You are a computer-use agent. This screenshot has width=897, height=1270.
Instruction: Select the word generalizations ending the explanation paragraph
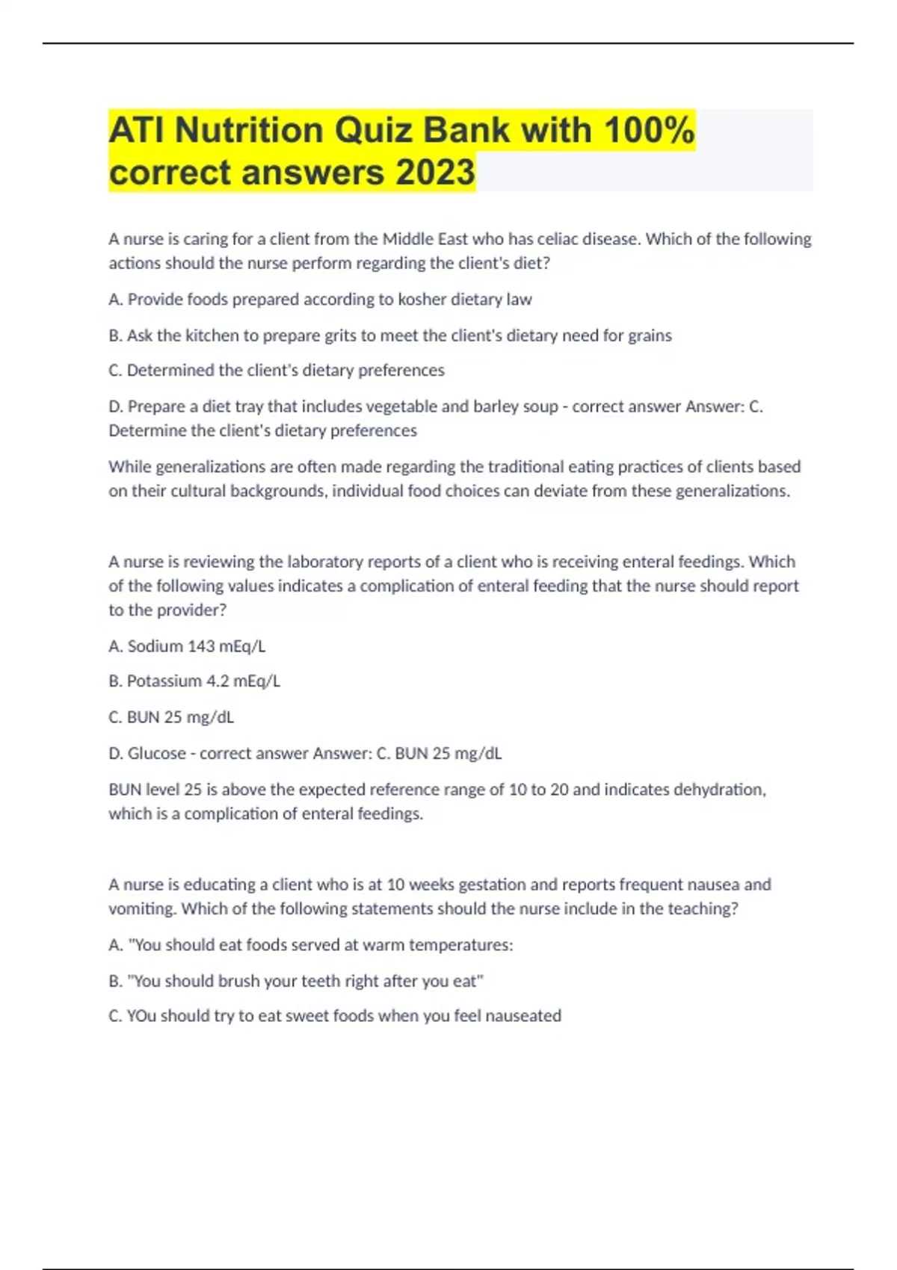pyautogui.click(x=732, y=491)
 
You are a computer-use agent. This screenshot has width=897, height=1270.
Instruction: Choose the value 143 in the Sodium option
pyautogui.click(x=201, y=646)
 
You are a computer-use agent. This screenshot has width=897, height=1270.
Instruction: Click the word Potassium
pyautogui.click(x=164, y=681)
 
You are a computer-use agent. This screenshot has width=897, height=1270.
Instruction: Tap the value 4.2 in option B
pyautogui.click(x=218, y=681)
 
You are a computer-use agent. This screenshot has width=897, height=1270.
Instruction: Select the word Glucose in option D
pyautogui.click(x=156, y=754)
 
